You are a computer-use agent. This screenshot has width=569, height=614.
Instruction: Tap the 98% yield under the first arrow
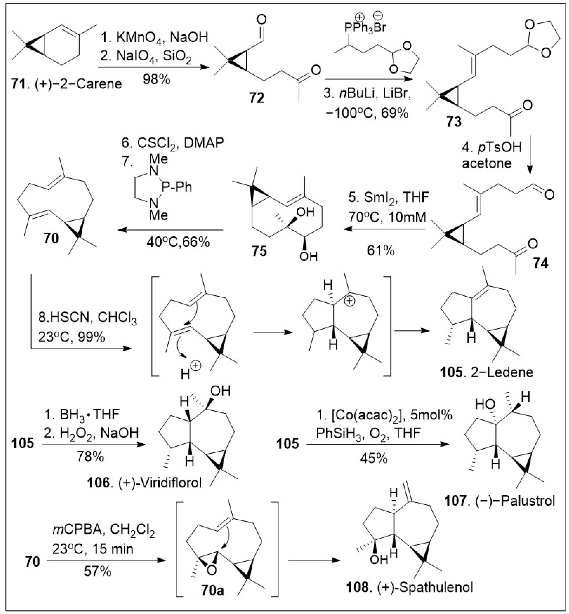(156, 80)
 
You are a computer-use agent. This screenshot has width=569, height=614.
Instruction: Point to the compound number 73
(454, 122)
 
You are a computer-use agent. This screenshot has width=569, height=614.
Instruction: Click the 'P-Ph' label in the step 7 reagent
(177, 187)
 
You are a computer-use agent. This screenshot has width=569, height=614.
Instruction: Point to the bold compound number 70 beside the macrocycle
(51, 238)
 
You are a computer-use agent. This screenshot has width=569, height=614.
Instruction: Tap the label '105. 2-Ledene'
(486, 372)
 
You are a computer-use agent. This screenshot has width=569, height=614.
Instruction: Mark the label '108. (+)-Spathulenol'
(409, 588)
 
